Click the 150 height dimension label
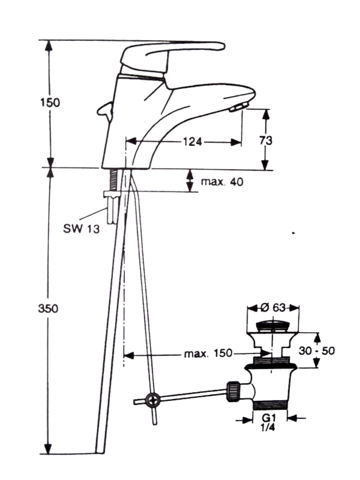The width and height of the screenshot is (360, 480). coord(50,102)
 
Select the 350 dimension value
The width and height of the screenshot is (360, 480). coord(50,309)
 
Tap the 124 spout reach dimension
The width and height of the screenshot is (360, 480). coord(192,142)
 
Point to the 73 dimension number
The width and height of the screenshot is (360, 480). coord(266,140)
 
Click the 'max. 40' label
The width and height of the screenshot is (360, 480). coord(222,182)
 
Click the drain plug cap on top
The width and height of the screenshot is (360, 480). coord(273,326)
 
